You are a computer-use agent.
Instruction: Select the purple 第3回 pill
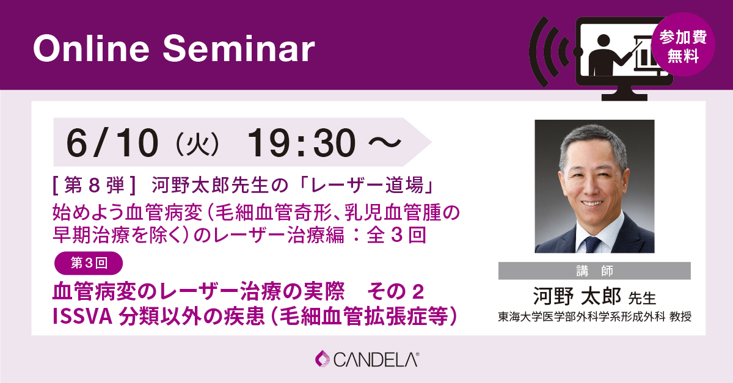click(89, 263)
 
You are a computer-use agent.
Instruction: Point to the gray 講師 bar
click(594, 271)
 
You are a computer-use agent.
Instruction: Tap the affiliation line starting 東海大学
click(594, 318)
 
